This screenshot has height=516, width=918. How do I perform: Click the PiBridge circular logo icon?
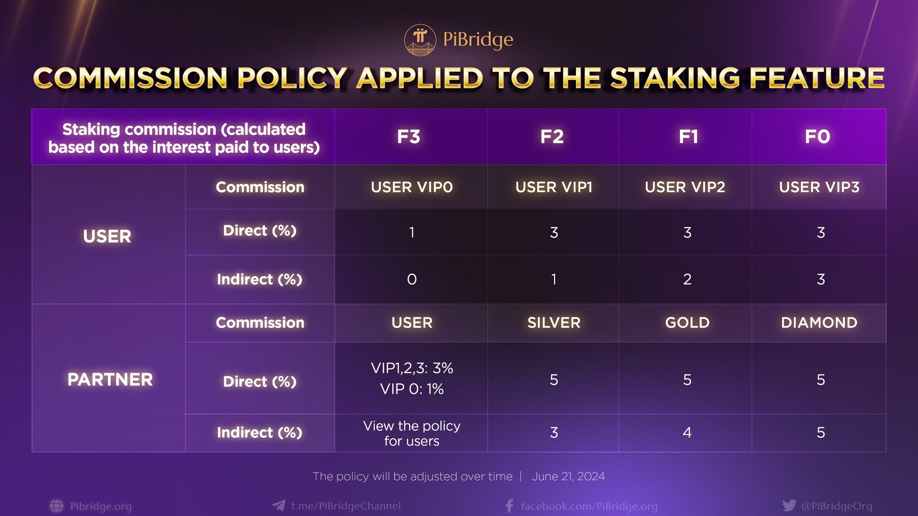[420, 40]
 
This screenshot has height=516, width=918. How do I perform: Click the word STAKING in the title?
[675, 78]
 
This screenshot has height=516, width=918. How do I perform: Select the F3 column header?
[408, 137]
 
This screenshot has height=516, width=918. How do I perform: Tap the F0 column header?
[818, 137]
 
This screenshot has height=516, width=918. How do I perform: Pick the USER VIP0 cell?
[412, 187]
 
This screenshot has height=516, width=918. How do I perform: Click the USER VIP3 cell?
[819, 187]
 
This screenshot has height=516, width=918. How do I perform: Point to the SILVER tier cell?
[554, 322]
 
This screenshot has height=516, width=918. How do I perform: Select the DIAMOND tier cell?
[819, 322]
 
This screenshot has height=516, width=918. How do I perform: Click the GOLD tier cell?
[687, 322]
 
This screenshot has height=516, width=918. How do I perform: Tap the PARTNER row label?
[110, 379]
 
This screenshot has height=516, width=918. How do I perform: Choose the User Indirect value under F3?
[412, 279]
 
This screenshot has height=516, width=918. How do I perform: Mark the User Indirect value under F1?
[687, 279]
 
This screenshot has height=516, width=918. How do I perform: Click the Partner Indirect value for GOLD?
[687, 433]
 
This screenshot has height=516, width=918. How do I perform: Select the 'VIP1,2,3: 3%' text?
[412, 368]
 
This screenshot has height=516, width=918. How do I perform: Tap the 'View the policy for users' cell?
[412, 433]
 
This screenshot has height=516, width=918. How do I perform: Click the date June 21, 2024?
[568, 476]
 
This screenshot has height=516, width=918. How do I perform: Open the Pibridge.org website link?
[101, 506]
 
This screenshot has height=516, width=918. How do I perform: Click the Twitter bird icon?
[789, 506]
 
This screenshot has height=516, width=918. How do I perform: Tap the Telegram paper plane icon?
[279, 506]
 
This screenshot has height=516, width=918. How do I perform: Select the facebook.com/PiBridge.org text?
[589, 506]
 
